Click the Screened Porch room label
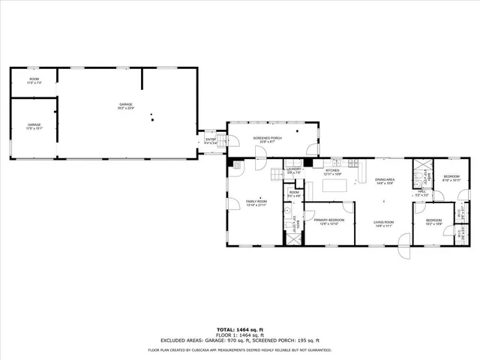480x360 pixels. tap(267, 138)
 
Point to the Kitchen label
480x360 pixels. tap(332, 170)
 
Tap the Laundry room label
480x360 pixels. tap(293, 169)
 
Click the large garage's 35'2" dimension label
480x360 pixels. tap(125, 109)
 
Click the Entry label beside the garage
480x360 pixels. tap(211, 139)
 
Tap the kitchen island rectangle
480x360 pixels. tap(332, 185)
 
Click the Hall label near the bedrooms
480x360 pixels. tap(421, 193)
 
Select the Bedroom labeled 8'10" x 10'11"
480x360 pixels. tap(451, 178)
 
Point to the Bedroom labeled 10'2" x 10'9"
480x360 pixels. tap(434, 220)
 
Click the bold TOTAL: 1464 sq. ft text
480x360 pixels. tap(239, 329)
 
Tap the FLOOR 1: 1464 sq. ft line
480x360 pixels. tap(239, 334)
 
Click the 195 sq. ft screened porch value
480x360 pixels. tap(308, 340)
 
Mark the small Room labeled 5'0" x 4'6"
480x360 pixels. tap(294, 194)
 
